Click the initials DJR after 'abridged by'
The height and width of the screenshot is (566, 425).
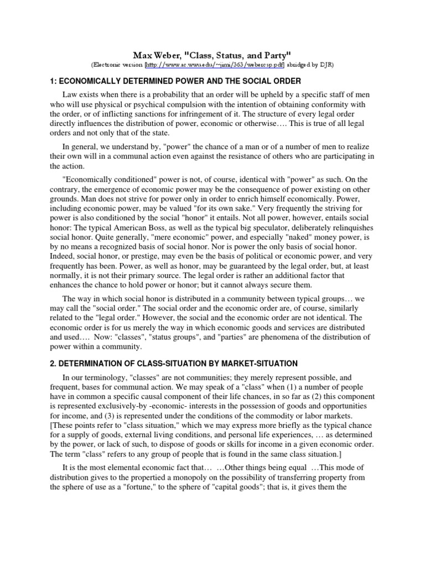324,65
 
